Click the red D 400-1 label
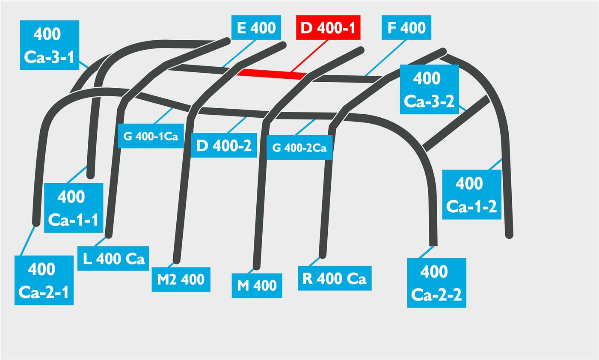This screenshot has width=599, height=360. (x=328, y=27)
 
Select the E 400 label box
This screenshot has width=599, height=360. (x=256, y=27)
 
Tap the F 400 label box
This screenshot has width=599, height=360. (x=406, y=27)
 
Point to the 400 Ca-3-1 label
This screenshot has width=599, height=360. (x=50, y=45)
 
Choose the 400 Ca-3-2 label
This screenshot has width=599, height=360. (x=430, y=89)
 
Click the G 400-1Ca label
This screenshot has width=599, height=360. (x=151, y=136)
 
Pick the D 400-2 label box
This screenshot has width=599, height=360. (x=224, y=145)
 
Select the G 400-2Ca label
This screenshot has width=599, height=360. (x=299, y=147)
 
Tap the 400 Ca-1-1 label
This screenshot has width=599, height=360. (x=74, y=208)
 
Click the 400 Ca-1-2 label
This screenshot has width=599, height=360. (x=471, y=195)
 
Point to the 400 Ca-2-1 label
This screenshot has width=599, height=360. (x=44, y=280)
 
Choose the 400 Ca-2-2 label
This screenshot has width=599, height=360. (x=437, y=283)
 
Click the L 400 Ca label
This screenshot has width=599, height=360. (x=113, y=259)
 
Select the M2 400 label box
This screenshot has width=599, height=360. (x=181, y=280)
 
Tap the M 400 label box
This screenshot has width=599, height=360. (x=257, y=286)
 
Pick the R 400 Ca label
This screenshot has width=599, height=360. (x=335, y=278)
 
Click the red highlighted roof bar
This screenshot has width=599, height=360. (x=272, y=74)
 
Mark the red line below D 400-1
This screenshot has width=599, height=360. (x=309, y=56)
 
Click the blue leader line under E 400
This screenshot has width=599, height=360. (x=239, y=54)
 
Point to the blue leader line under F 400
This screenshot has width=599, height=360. (x=385, y=58)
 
